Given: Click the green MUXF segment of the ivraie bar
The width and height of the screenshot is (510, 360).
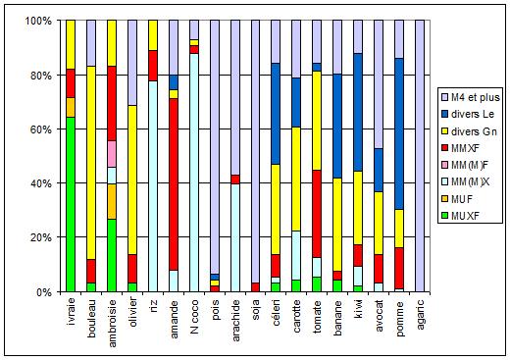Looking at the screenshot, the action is [71, 204].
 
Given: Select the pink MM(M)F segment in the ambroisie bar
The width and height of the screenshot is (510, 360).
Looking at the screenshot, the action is [112, 154].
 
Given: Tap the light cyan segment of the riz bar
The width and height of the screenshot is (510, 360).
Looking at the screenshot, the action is [153, 186].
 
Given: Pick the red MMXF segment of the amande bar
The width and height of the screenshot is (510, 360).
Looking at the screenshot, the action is [174, 184].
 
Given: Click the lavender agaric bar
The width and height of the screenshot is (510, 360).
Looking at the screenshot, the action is [420, 156].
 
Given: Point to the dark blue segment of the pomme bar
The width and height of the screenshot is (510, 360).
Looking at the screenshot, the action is [399, 133].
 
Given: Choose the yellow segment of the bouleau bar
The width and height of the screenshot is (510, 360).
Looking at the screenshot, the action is [91, 163].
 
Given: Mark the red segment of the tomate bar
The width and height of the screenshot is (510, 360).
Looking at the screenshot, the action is [317, 214].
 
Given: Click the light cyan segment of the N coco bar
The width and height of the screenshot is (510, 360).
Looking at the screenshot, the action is [194, 173].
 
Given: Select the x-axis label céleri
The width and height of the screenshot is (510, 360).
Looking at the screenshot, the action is [277, 312].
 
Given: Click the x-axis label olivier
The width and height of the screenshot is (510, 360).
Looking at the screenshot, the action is [132, 312].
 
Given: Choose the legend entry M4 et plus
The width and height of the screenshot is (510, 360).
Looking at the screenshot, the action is [471, 97].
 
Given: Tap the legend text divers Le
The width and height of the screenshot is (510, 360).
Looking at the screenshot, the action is [473, 114].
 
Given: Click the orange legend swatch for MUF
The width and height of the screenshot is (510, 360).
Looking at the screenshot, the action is [444, 199].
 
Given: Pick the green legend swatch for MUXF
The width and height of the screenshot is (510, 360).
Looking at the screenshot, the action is [444, 216].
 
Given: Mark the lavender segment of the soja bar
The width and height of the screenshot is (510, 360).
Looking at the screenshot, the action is [255, 151].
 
